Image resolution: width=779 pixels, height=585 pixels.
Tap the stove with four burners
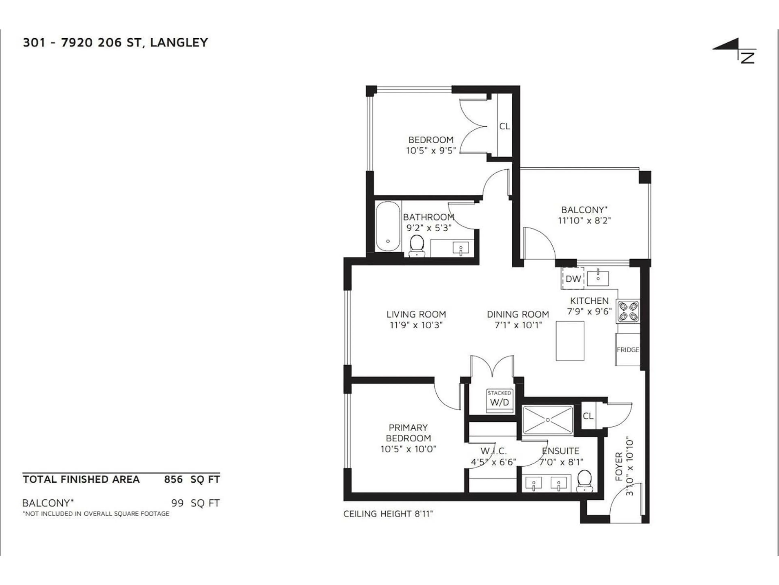click(628, 311)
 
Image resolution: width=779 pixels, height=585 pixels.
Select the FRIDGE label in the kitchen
click(628, 350)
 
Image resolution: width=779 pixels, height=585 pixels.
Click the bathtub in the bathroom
click(388, 226)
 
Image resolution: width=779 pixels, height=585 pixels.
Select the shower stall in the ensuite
click(548, 420)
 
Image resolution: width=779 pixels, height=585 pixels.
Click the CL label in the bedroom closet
click(504, 126)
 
